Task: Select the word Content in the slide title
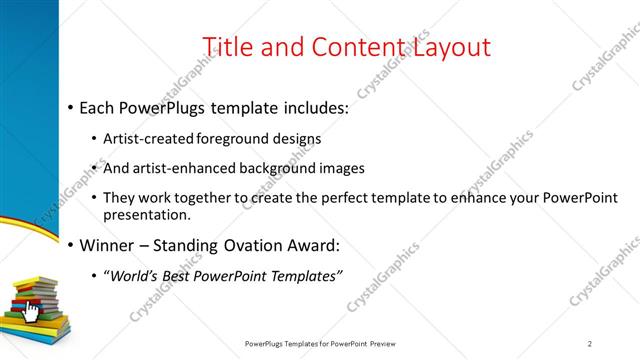(350, 47)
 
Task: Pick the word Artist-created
(149, 140)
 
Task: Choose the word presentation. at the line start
(145, 214)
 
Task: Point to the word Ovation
(263, 246)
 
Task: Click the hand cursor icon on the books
(31, 312)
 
